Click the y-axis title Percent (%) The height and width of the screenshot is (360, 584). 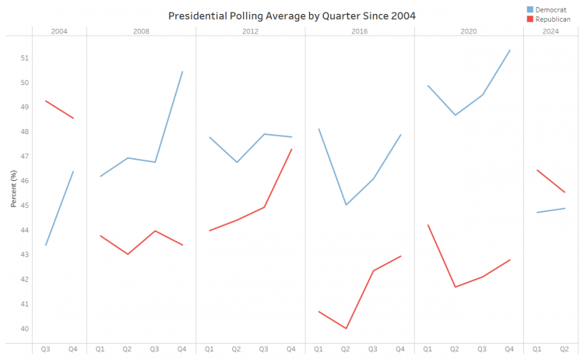(x=13, y=189)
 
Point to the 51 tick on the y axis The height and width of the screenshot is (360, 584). (x=24, y=58)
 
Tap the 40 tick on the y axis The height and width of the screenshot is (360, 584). (x=24, y=329)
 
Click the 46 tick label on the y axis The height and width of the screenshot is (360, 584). (x=24, y=181)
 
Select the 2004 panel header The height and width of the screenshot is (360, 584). (x=59, y=31)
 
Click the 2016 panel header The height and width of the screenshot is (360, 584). (x=360, y=31)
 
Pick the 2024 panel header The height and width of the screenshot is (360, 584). (x=551, y=31)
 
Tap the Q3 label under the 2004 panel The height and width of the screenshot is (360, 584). (x=46, y=350)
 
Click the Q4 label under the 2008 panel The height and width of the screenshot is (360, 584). (x=182, y=350)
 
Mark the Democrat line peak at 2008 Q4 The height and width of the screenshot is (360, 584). (x=182, y=72)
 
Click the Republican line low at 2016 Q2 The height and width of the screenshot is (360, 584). (x=346, y=329)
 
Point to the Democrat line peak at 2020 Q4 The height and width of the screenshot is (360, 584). (x=509, y=51)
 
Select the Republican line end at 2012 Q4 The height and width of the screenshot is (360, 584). (x=291, y=150)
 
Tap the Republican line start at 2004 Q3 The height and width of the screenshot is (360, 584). (x=46, y=101)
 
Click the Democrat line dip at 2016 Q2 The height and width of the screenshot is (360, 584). (x=346, y=205)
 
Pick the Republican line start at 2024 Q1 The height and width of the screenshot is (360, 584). (x=537, y=170)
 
